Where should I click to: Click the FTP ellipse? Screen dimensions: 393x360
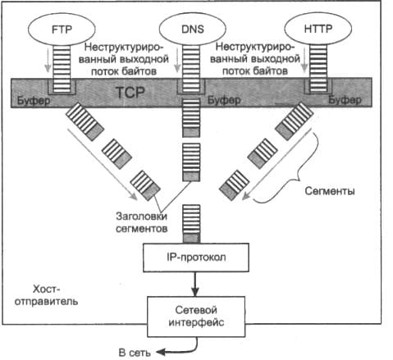click(x=62, y=29)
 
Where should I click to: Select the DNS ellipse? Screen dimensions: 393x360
click(x=193, y=29)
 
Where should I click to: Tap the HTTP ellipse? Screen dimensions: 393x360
click(x=318, y=29)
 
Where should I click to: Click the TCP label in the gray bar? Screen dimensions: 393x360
click(x=130, y=93)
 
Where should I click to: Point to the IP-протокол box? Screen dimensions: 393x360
click(x=196, y=257)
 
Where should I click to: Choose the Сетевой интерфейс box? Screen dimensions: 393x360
click(x=196, y=317)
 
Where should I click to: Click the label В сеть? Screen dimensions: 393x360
click(x=135, y=353)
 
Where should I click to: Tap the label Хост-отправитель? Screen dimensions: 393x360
click(x=46, y=295)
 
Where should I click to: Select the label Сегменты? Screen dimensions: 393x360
click(x=330, y=191)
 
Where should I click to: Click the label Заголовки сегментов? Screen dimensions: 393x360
click(x=141, y=222)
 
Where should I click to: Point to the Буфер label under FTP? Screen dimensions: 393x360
click(x=34, y=101)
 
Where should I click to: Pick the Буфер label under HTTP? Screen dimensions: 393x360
click(x=345, y=100)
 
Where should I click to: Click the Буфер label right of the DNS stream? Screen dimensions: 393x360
click(x=224, y=100)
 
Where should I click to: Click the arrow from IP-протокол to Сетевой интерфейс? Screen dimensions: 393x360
click(x=195, y=284)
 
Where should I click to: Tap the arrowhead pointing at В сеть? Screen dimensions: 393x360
click(x=160, y=352)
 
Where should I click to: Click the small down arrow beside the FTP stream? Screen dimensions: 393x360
click(x=48, y=59)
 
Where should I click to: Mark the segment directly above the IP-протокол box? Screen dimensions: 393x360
click(x=191, y=224)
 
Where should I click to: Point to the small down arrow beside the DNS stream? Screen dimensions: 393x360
click(x=177, y=59)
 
